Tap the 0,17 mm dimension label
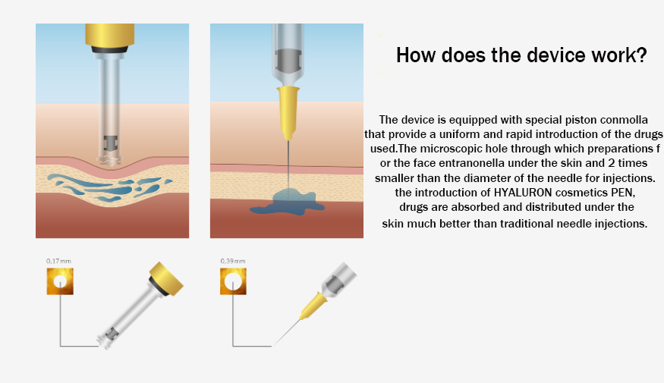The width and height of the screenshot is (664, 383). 58,261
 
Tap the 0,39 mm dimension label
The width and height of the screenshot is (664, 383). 233,261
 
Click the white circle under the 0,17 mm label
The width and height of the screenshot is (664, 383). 60,281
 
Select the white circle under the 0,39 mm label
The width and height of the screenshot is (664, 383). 233,281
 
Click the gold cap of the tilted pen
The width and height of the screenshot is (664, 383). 166,278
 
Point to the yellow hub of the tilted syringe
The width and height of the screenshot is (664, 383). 313,306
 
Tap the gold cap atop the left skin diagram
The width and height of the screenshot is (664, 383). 110,35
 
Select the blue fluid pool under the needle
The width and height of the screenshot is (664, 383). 288,202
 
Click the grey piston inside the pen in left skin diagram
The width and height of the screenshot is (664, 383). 111,144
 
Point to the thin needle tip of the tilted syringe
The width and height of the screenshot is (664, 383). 272,346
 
